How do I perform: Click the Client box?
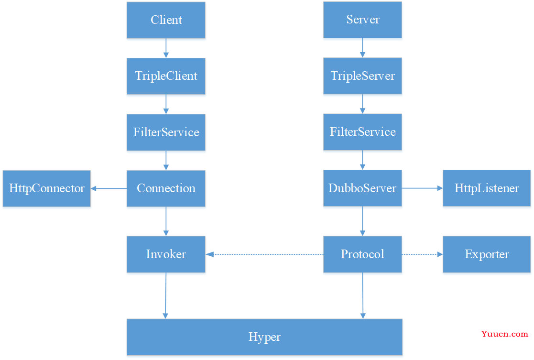166,20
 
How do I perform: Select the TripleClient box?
166,76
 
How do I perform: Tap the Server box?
362,20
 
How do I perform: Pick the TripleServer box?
362,76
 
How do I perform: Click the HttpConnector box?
47,188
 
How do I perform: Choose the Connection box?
166,188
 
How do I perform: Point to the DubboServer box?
362,188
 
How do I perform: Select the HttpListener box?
487,188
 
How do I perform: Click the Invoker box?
166,254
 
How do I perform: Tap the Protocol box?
362,254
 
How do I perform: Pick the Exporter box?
487,254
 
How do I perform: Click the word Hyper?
265,337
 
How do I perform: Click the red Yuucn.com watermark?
505,334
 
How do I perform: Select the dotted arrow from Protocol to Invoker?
264,254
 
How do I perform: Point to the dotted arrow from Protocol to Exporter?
422,254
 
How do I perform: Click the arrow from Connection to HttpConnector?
109,188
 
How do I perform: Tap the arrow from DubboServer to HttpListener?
422,188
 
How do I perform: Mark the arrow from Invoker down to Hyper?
165,295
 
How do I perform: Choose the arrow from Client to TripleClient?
166,48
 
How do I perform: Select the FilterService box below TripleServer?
362,132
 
